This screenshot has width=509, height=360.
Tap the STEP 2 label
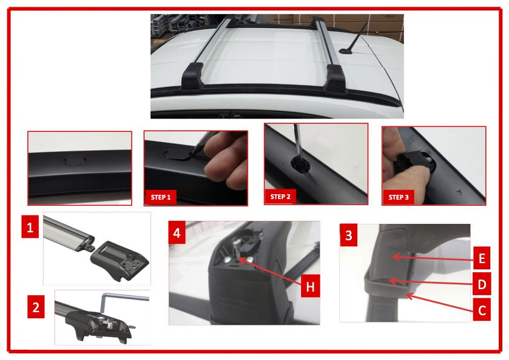tap(281, 197)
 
